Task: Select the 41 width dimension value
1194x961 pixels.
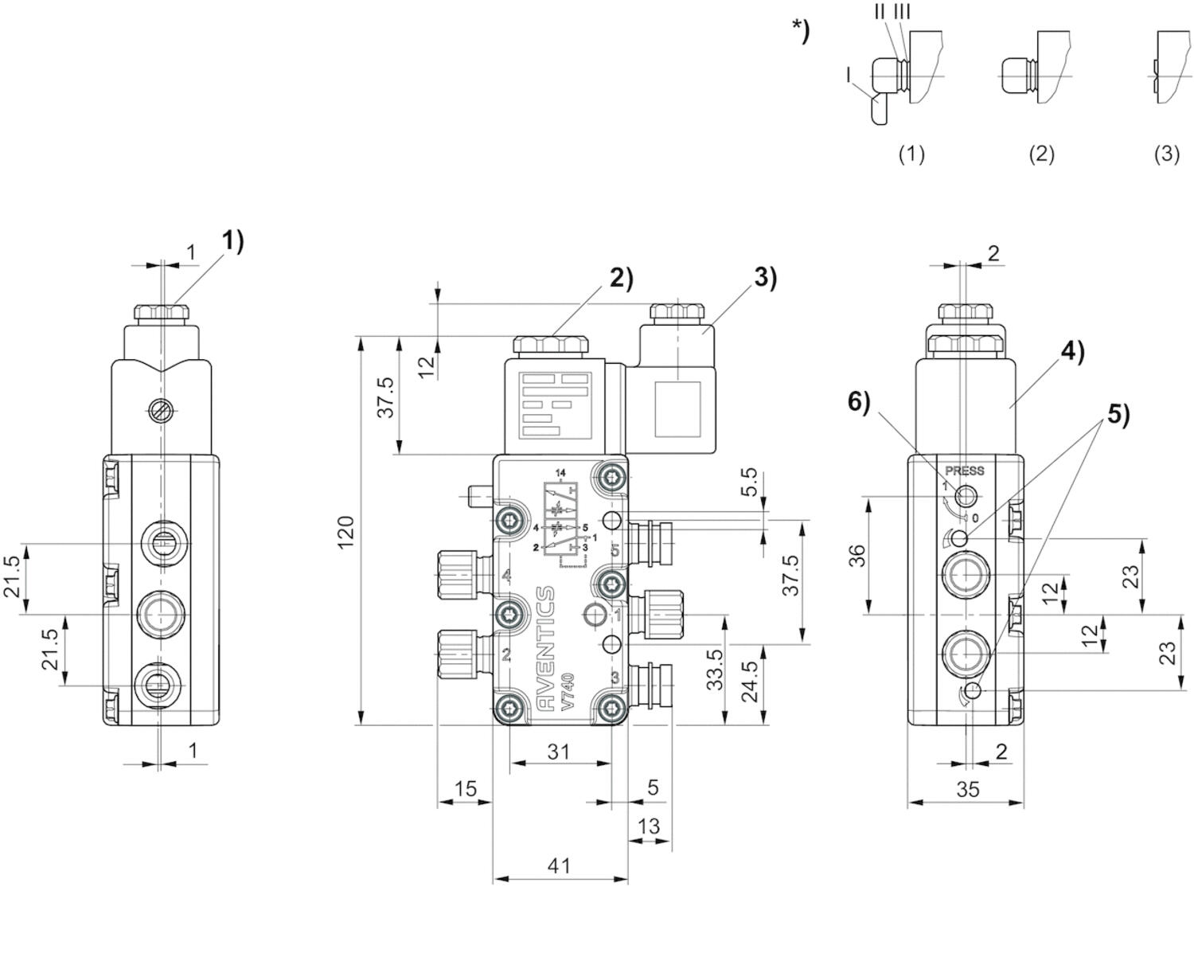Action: (x=560, y=865)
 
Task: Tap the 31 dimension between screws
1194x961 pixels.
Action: (x=560, y=750)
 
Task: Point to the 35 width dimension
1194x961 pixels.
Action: (x=967, y=789)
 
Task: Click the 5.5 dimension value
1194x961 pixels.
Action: (x=749, y=482)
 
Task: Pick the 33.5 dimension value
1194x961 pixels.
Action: (x=715, y=669)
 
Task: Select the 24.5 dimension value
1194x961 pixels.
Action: (x=749, y=681)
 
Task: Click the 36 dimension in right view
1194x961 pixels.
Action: (x=857, y=556)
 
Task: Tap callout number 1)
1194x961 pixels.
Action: (x=232, y=240)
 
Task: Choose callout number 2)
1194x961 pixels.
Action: (x=621, y=278)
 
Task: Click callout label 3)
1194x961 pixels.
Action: (x=765, y=277)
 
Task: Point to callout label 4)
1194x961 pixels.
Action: (x=1072, y=350)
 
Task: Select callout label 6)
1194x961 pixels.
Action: (x=859, y=402)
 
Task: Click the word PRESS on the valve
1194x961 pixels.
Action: (x=965, y=471)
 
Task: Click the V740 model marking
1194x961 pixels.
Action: (x=568, y=692)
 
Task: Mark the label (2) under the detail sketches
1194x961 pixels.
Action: (x=1041, y=154)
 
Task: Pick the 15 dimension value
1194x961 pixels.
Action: (x=465, y=788)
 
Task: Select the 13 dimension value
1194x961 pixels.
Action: (x=649, y=826)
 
